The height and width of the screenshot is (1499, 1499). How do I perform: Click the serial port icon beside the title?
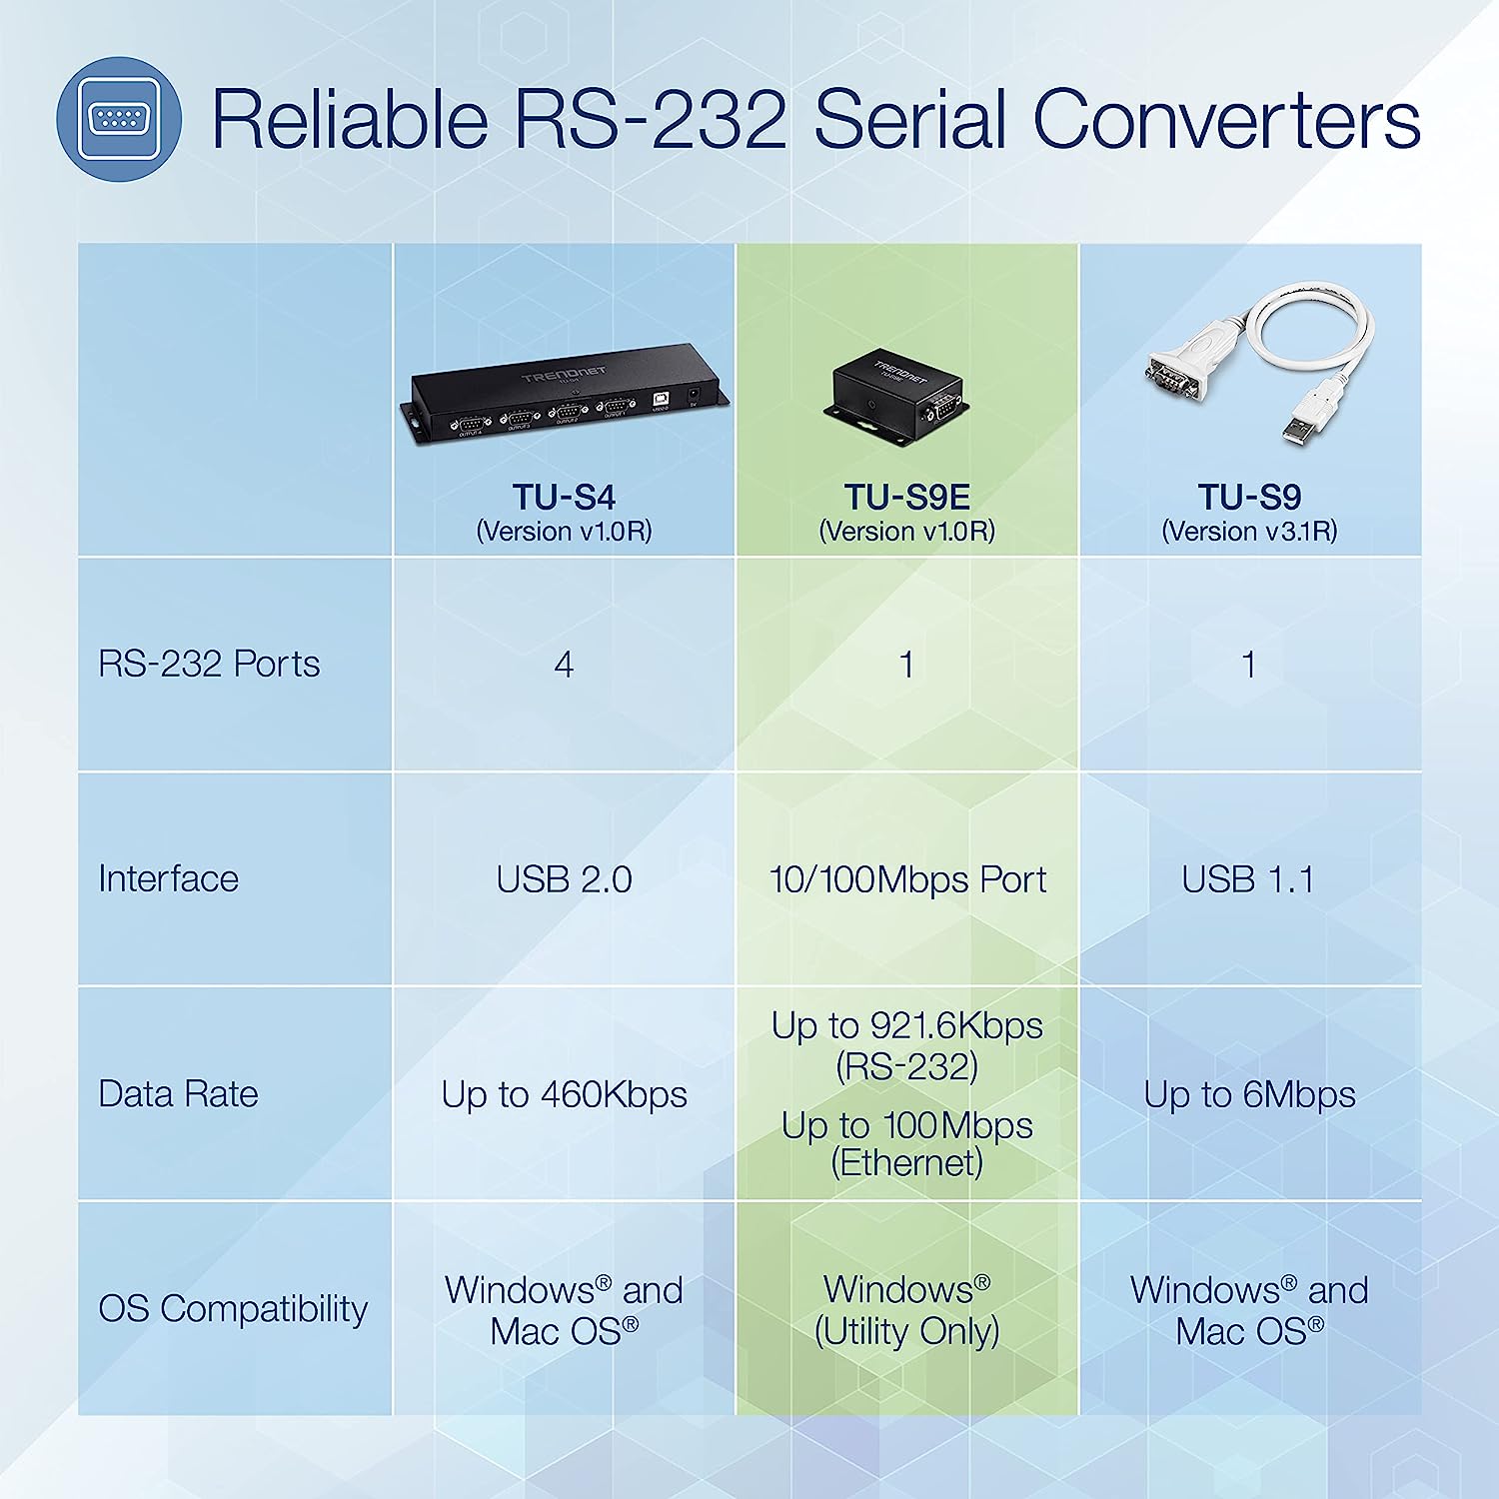[119, 119]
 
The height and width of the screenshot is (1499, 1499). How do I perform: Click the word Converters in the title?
[1226, 119]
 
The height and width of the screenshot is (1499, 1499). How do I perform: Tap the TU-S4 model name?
[564, 497]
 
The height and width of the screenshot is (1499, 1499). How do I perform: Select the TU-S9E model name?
[906, 497]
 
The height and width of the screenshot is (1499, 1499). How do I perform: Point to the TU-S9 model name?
[1249, 497]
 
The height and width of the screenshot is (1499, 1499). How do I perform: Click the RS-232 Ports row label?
[209, 664]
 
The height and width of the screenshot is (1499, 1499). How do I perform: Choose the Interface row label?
[168, 878]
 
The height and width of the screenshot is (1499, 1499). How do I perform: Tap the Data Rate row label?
[178, 1093]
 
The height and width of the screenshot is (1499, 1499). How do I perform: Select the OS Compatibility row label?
[233, 1309]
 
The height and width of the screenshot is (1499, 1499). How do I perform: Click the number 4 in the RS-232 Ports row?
[564, 665]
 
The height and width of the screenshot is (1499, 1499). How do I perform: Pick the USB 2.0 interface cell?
[564, 879]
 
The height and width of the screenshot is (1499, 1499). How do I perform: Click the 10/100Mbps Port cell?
[907, 879]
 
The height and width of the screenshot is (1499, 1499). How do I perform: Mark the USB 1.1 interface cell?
[1248, 879]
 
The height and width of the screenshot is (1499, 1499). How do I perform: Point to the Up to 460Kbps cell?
[564, 1095]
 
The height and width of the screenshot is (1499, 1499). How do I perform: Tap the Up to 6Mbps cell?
[1249, 1095]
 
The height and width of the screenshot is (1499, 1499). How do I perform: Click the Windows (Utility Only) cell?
[906, 1310]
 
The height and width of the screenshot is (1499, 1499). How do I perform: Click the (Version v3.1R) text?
[1249, 531]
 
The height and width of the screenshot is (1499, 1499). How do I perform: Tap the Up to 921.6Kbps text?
[906, 1026]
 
